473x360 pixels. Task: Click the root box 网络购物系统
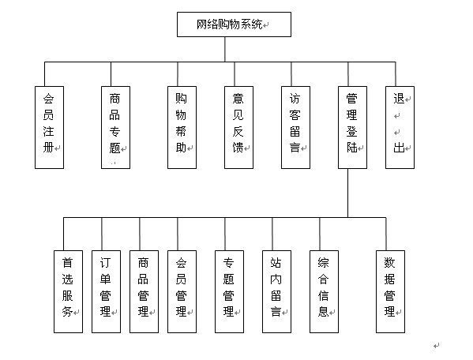tap(234, 24)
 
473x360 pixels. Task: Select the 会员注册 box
tap(49, 127)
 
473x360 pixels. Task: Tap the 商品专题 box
tap(115, 127)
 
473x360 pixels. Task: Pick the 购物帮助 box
tap(182, 127)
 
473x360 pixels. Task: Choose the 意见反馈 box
tap(238, 127)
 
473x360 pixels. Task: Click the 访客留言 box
tap(295, 127)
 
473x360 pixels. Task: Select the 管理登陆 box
tap(352, 127)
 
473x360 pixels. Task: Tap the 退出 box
tap(400, 127)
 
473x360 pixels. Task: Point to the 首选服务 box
tap(68, 291)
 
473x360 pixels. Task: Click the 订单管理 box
tap(106, 291)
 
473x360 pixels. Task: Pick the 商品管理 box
tap(144, 291)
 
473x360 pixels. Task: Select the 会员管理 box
tap(182, 291)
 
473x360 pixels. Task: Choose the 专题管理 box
tap(229, 291)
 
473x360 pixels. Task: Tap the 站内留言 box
tap(276, 291)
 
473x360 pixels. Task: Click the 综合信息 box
tap(324, 291)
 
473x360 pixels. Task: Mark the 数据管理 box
tap(390, 291)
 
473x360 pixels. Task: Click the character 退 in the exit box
tap(399, 99)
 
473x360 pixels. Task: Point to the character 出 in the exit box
tap(399, 148)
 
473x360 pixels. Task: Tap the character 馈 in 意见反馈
tap(238, 148)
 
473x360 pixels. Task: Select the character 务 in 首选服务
tap(67, 312)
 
